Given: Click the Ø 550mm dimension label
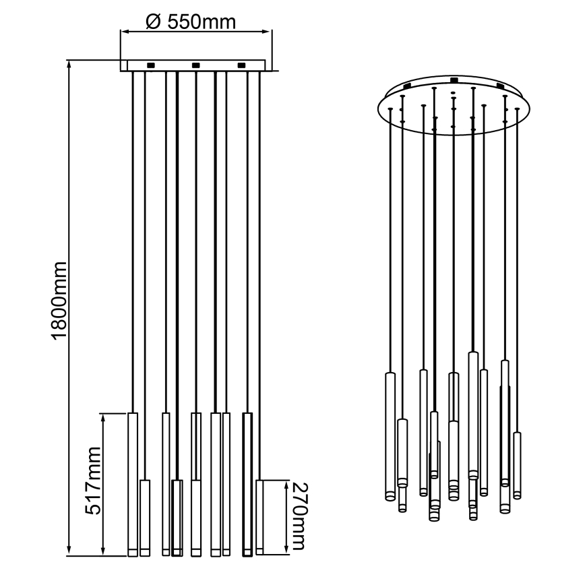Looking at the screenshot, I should [191, 22].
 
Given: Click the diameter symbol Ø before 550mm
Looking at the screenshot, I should [152, 22].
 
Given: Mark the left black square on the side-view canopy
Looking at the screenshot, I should [150, 65].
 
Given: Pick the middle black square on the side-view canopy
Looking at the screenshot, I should [195, 65].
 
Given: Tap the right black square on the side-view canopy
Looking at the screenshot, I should [241, 65].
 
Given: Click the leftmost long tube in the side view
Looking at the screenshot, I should [133, 484].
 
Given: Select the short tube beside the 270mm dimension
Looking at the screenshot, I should [261, 518].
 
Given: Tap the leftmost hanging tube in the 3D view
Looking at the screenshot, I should [389, 435].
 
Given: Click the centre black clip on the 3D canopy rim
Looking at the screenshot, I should [454, 82].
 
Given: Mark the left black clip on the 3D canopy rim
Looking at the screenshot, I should [406, 86].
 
